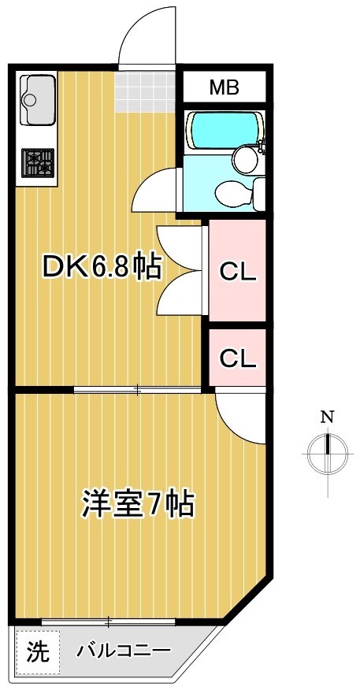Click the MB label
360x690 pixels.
(224, 87)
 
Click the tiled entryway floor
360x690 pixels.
(147, 90)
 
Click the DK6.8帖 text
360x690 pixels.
(102, 269)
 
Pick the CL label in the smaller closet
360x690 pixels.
(237, 358)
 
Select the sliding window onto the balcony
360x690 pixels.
(109, 621)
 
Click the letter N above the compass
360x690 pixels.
(326, 417)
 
